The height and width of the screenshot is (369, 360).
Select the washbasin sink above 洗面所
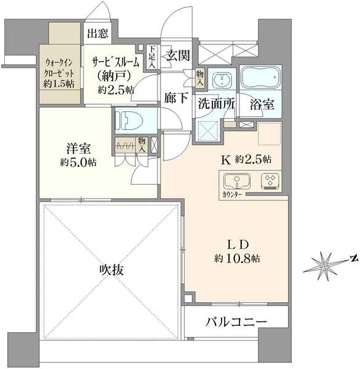tap(222, 79)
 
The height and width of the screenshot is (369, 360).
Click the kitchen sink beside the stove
tap(237, 181)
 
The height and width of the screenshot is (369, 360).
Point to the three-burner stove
tap(270, 181)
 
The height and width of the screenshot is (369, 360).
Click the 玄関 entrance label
tap(178, 56)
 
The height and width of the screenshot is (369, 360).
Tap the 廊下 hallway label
tap(176, 98)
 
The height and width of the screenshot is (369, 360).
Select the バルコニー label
tap(236, 322)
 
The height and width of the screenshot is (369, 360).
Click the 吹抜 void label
tap(111, 270)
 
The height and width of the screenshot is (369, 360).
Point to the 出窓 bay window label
tap(98, 33)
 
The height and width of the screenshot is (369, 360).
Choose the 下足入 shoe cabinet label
tap(151, 57)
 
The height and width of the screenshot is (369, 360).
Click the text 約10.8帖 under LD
tap(237, 258)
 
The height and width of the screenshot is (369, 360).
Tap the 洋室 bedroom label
tap(78, 148)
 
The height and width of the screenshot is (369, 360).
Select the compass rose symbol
tap(324, 266)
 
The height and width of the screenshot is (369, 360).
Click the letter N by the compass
tap(353, 259)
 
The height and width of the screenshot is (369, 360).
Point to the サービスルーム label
tap(115, 63)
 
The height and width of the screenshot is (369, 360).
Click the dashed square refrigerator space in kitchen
tap(270, 133)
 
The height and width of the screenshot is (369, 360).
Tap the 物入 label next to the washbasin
tap(200, 77)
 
